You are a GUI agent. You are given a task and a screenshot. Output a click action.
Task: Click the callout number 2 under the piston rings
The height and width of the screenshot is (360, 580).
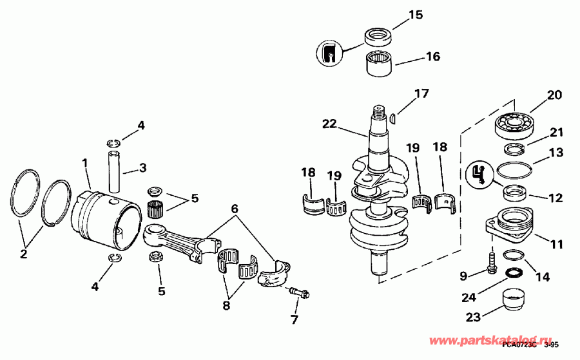pyautogui.click(x=24, y=254)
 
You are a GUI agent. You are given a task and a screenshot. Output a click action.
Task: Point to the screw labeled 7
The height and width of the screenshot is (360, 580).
pyautogui.click(x=298, y=294)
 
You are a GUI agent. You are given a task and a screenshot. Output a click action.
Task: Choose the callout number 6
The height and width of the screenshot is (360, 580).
pyautogui.click(x=235, y=209)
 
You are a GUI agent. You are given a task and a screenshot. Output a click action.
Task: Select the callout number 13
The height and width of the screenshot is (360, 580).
pyautogui.click(x=556, y=153)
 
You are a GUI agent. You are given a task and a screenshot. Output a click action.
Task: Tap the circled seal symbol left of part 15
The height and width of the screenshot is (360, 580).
pyautogui.click(x=329, y=53)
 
